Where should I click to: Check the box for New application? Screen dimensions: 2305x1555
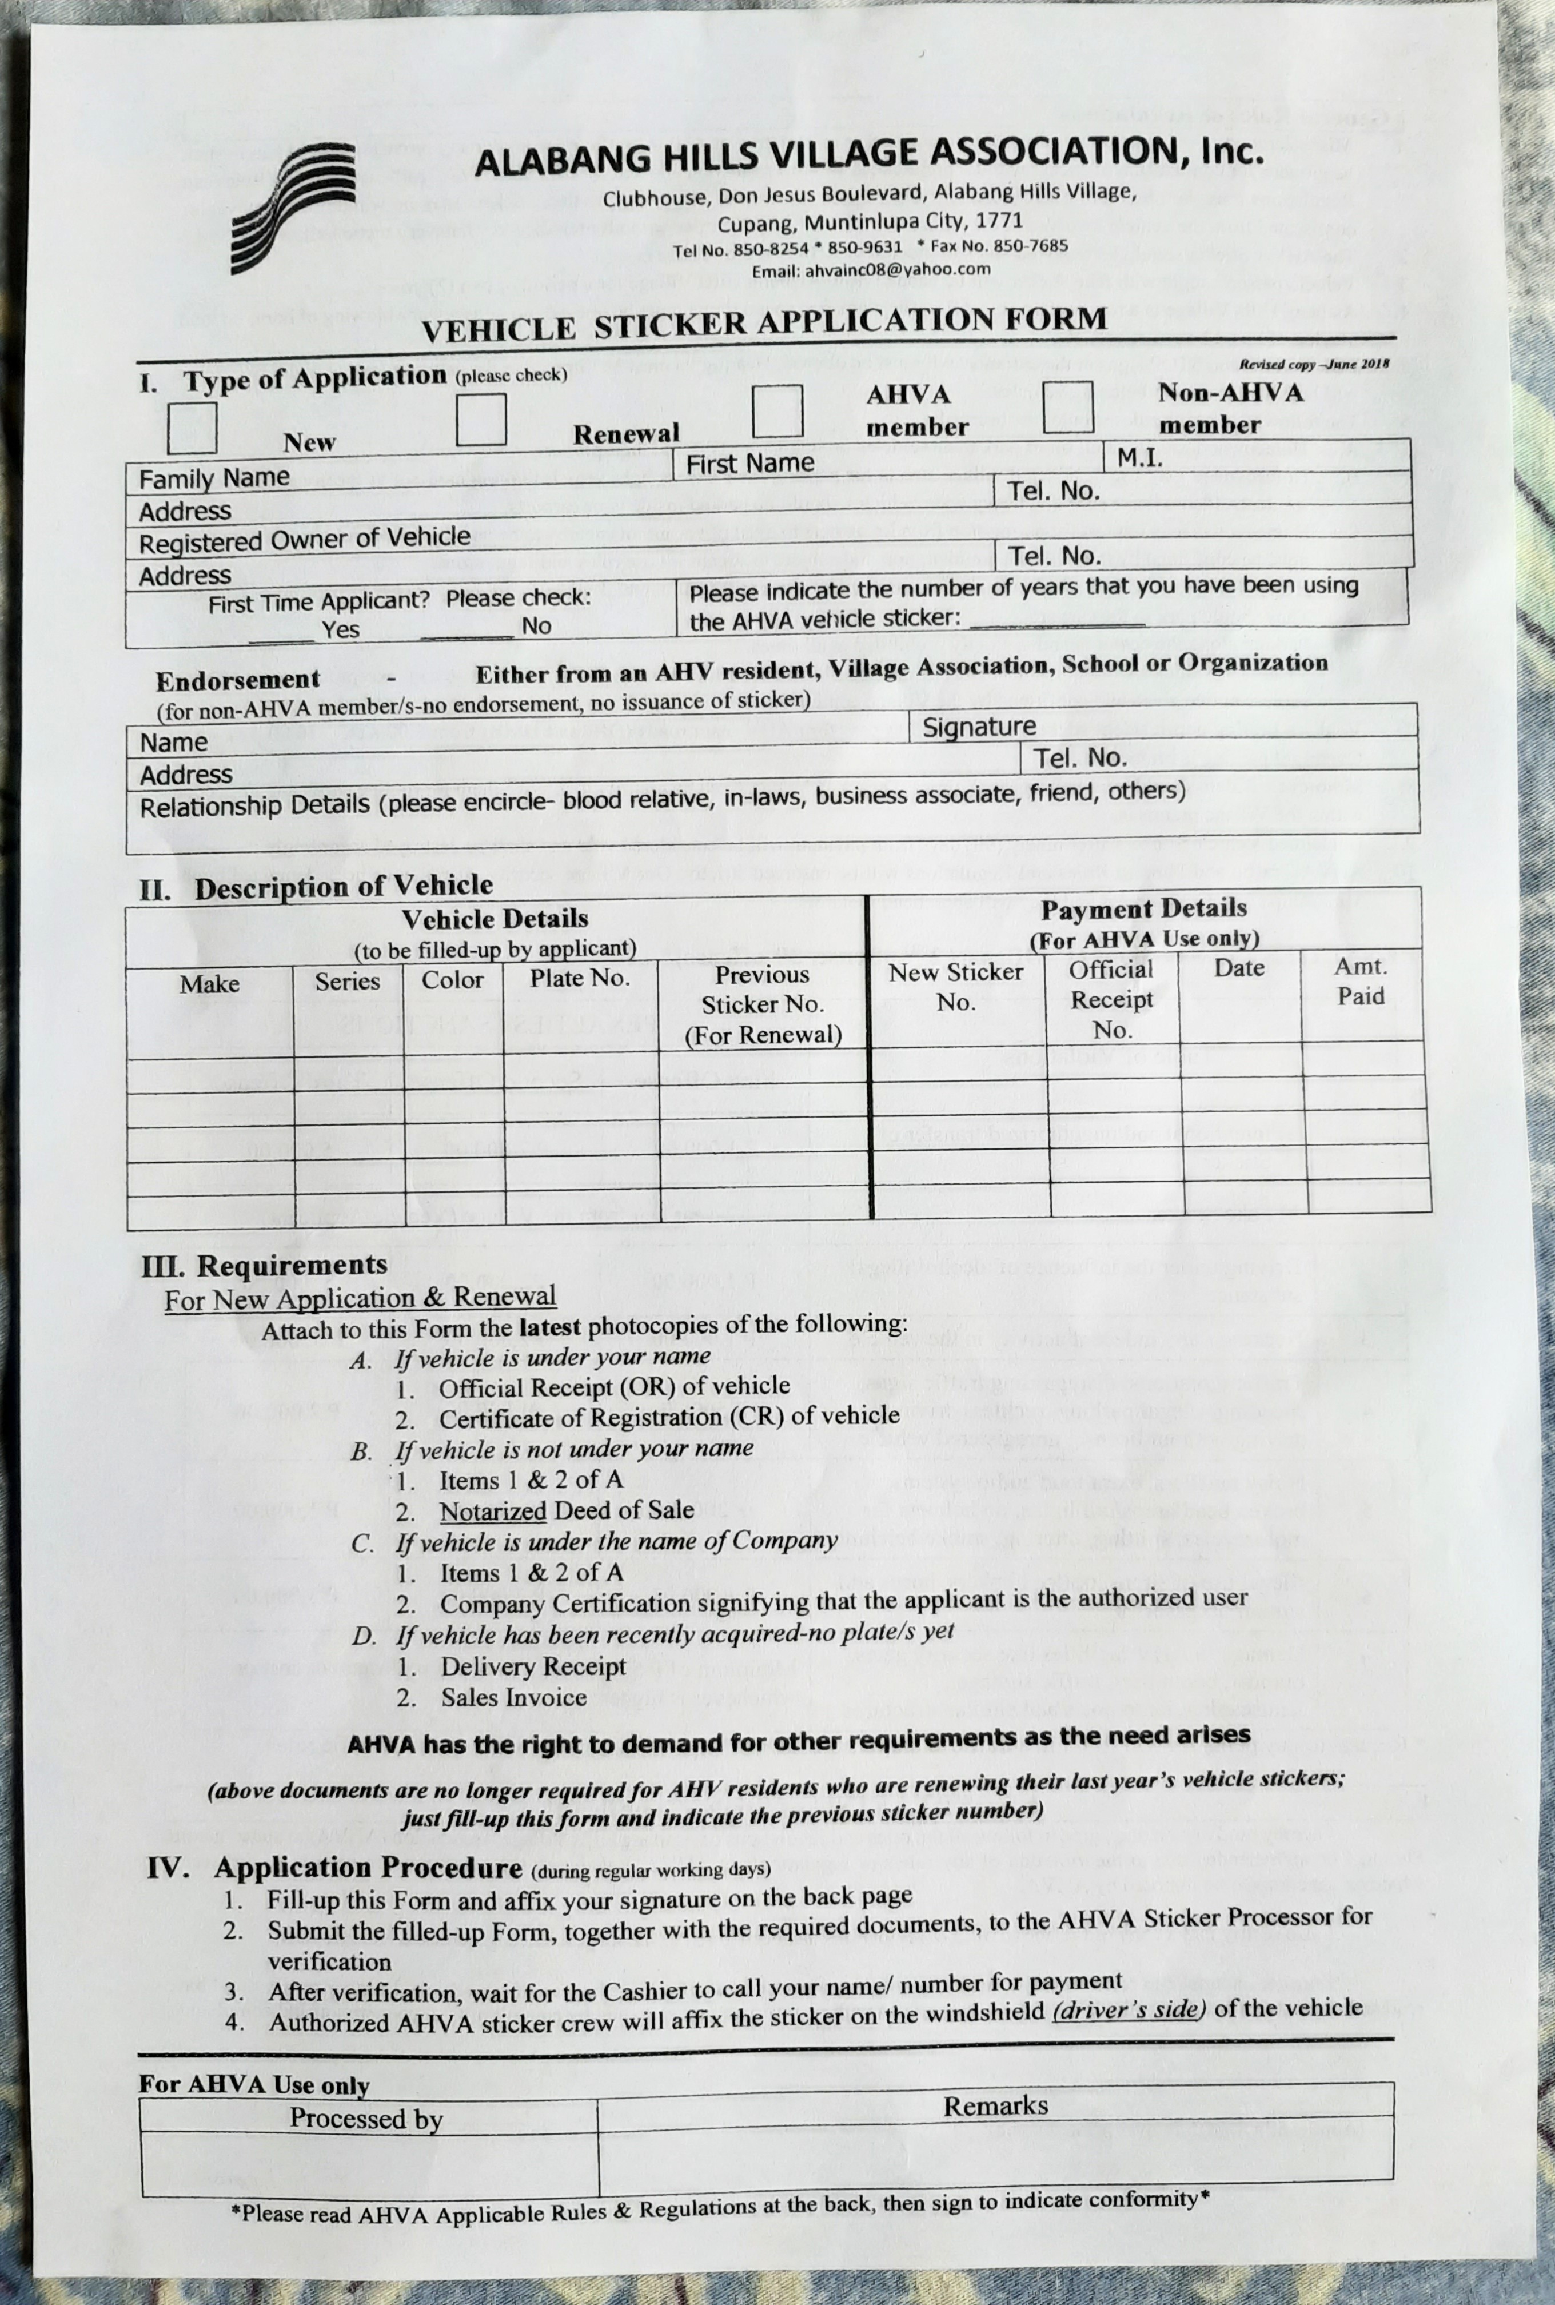193,428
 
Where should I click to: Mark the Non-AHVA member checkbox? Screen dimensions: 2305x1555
1068,408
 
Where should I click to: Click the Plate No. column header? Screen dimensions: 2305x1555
579,979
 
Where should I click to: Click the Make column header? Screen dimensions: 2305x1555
209,984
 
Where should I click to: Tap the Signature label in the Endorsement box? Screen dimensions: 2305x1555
979,727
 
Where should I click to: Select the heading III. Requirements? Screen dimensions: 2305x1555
265,1266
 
